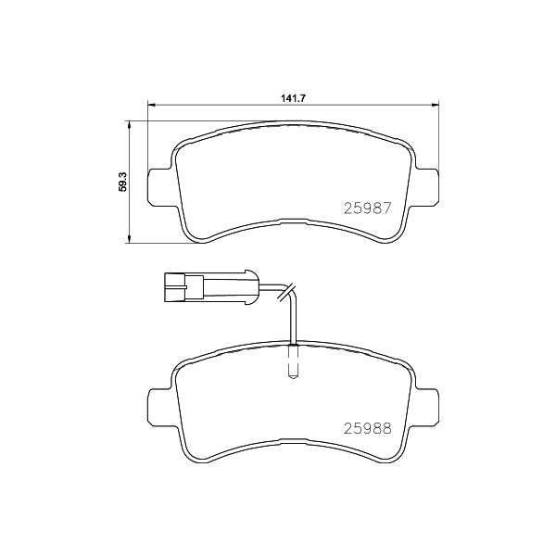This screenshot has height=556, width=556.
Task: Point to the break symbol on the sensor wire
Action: (x=287, y=288)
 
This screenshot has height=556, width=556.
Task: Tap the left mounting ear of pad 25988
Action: (x=159, y=403)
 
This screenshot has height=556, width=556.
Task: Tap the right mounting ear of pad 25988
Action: (x=428, y=403)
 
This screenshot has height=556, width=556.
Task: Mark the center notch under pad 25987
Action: (x=293, y=221)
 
